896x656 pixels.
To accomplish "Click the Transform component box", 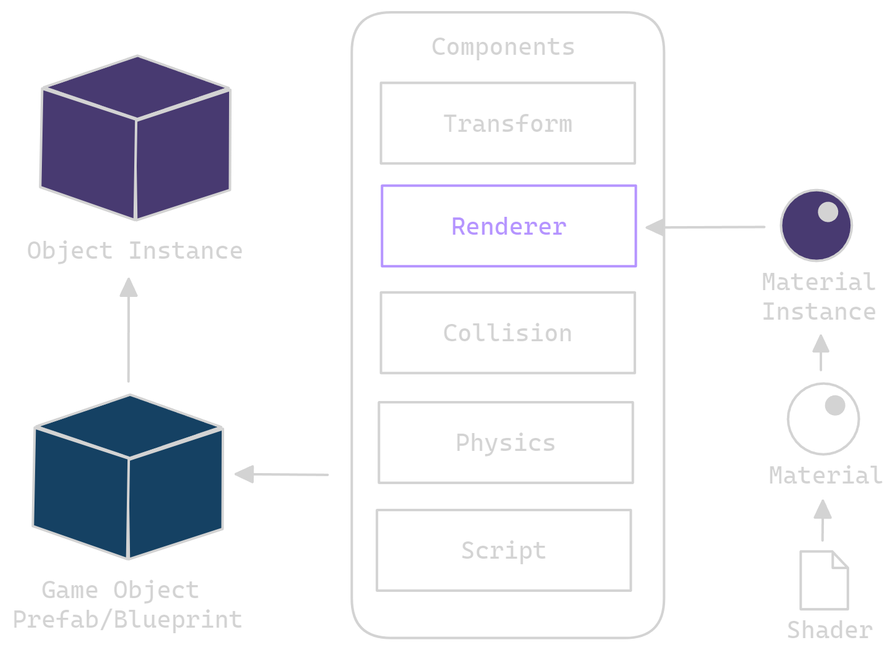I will click(507, 123).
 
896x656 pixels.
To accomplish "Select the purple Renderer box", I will click(509, 226).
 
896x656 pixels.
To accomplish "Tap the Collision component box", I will click(507, 333).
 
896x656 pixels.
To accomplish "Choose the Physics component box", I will click(506, 442).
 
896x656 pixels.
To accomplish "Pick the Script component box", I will click(504, 550).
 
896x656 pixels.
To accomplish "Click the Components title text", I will click(503, 47).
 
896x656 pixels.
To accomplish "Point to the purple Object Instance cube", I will click(135, 139).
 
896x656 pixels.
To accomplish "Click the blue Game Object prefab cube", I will click(128, 477).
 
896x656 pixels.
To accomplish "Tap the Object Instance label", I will click(135, 251).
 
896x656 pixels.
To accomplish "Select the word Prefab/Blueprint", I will click(127, 619).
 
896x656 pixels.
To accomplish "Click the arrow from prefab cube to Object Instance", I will click(129, 330).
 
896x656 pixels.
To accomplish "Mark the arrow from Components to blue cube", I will click(282, 474).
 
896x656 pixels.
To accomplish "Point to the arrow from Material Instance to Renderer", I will click(705, 227).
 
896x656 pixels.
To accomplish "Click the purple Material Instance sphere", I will click(816, 226).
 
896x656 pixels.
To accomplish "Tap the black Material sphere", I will click(823, 419).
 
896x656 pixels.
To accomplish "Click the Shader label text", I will click(829, 630).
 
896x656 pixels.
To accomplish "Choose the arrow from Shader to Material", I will click(822, 520).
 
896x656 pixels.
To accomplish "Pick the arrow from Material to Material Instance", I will click(820, 352).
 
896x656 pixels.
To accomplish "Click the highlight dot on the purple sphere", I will click(828, 212).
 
